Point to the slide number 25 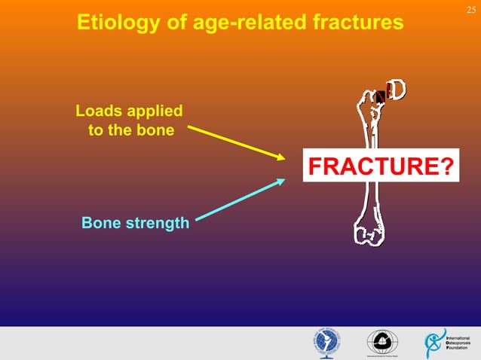click(x=470, y=8)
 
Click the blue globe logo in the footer click(x=326, y=343)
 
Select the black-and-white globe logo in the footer click(x=380, y=343)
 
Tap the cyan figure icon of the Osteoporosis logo click(x=435, y=343)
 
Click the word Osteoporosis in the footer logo click(x=458, y=343)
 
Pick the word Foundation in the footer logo click(x=458, y=349)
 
